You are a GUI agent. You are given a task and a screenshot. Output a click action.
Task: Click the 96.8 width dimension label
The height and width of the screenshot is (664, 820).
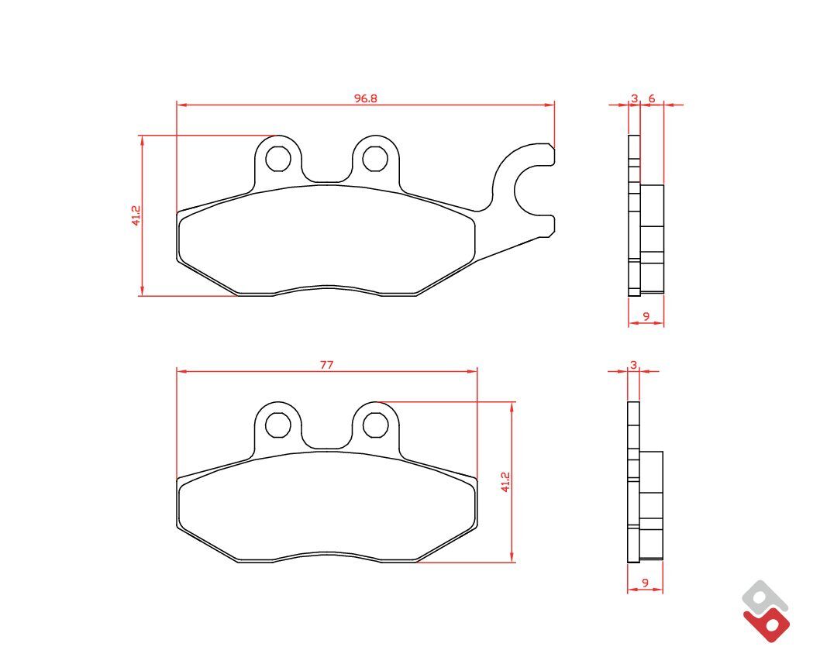coord(366,98)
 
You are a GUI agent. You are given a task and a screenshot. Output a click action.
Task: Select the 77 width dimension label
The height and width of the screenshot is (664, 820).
coord(327,365)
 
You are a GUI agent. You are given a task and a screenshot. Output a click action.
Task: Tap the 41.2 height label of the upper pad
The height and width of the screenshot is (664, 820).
coord(136,215)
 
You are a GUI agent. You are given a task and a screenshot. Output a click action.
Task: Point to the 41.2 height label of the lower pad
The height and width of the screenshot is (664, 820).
coord(505,482)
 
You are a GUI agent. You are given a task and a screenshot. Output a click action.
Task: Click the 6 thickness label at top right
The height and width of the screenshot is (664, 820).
coord(652,98)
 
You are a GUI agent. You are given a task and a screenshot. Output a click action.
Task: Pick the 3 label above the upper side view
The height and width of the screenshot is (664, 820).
coord(634,98)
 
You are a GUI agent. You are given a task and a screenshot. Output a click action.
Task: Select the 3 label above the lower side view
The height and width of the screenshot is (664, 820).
coord(634,365)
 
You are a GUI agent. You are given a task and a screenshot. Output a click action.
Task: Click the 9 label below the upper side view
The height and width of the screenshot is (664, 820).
coord(646,316)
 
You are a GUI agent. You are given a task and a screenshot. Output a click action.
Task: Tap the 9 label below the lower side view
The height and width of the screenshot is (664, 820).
coord(645,583)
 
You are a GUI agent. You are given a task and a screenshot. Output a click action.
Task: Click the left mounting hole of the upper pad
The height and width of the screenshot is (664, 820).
coord(278,159)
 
